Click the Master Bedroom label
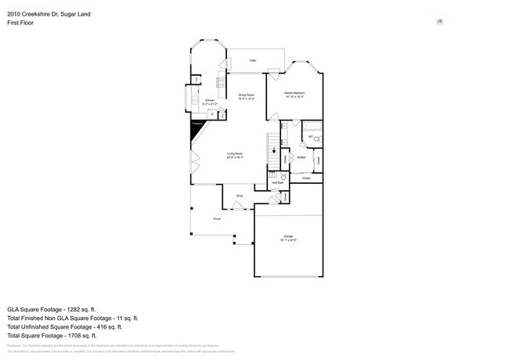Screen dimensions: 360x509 coord(294,93)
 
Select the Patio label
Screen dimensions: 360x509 coord(253,60)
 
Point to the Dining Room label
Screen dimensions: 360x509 coord(247,95)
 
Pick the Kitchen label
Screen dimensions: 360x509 coord(209,101)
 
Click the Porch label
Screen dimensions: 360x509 coord(217,218)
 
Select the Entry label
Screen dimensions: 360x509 coord(240,196)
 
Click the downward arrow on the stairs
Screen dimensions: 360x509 coord(273,153)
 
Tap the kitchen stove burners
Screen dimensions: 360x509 coord(222,82)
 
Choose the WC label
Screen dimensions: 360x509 coord(311,137)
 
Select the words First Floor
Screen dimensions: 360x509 coord(20,23)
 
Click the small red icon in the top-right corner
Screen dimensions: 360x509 coord(440,22)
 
